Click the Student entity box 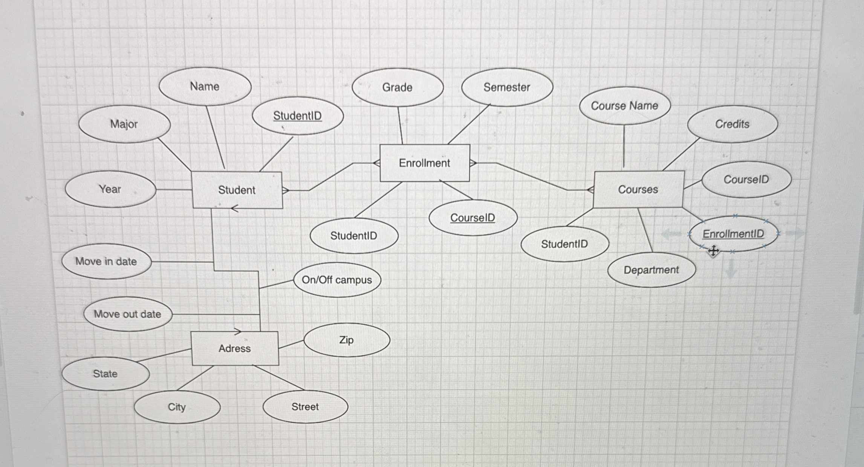coord(237,190)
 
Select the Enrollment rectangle coord(425,163)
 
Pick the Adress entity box coord(235,348)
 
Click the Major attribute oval coord(124,124)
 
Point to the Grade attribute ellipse coord(398,87)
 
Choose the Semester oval coord(507,87)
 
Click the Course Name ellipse coord(625,106)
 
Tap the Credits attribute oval coord(732,124)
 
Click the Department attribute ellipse coord(651,270)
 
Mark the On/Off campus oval coord(337,280)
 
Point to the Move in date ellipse coord(107,261)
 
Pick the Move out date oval coord(128,314)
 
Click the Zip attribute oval coord(347,340)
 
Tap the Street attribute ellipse coord(305,407)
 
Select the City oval coord(177,407)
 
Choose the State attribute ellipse coord(106,374)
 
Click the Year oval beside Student coord(110,189)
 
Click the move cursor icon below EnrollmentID coord(713,251)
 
